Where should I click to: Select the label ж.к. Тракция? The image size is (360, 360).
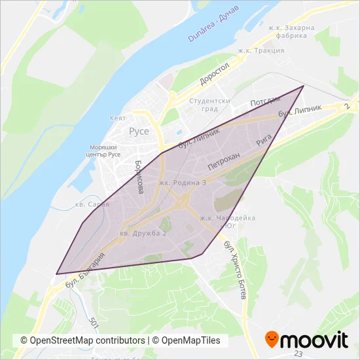point(261,50)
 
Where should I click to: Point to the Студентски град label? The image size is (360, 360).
point(209,105)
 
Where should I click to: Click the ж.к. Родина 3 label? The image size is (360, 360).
point(182,183)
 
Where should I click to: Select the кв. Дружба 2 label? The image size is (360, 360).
point(143,233)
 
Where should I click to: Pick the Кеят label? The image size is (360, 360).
point(118,118)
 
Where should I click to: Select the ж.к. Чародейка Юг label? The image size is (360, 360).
point(228,221)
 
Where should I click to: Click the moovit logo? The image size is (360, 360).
point(306,339)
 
